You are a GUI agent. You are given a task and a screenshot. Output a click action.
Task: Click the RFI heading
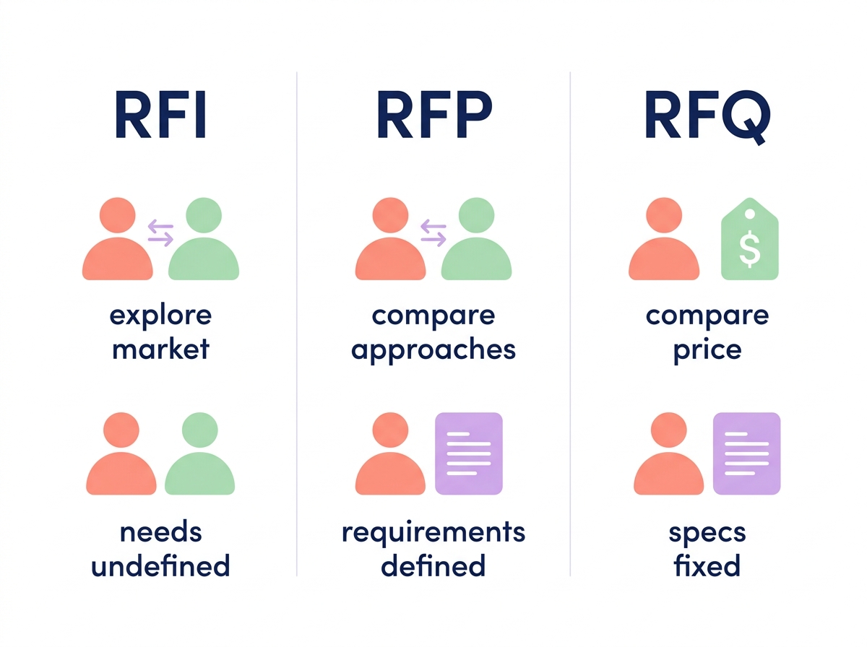coord(160,115)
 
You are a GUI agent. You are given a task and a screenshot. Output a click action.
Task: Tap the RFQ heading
coord(707,116)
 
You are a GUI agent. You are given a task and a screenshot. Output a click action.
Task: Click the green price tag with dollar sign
coord(750,240)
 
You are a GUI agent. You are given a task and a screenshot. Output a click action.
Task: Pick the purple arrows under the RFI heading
coord(160,233)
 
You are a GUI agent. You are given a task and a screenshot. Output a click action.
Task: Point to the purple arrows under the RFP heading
coord(433,233)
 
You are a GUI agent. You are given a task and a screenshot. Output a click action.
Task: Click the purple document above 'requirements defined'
coord(468,453)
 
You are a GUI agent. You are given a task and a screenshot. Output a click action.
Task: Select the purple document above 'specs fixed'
coord(746,453)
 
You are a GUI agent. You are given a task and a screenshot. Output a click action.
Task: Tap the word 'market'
coord(160,349)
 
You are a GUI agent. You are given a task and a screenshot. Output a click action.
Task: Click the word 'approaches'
coord(433,349)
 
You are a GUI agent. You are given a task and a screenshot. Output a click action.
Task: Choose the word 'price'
coord(707,349)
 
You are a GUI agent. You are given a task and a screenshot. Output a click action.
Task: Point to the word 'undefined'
coord(160,565)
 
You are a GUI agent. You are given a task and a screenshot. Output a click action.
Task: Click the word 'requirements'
coord(433,533)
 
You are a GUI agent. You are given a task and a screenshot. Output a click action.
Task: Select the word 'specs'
coord(707,533)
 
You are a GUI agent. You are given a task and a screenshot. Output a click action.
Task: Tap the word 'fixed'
coord(707,565)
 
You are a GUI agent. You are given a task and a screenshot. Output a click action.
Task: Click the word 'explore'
coord(160,316)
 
